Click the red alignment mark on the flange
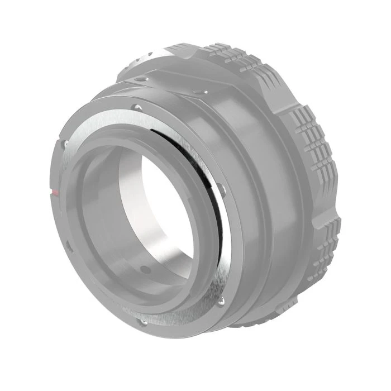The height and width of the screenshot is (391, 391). (x=54, y=192)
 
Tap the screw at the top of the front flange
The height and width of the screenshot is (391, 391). (x=136, y=106)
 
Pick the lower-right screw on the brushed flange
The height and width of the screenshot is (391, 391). (x=221, y=302)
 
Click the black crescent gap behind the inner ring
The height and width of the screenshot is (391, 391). (x=195, y=162)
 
